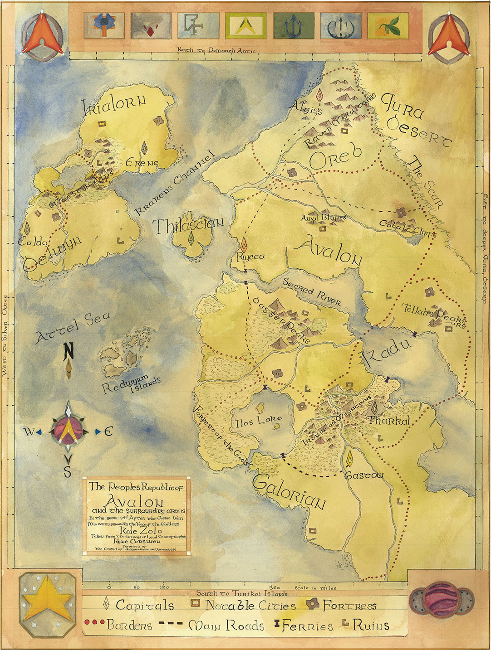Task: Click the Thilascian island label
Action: coord(188,225)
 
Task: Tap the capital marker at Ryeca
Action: coord(244,244)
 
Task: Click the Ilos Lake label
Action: coord(259,422)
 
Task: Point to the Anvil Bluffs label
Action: coord(323,218)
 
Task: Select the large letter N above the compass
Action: coord(69,351)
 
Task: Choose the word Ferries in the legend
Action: coord(307,626)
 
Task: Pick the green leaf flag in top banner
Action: coord(388,25)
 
